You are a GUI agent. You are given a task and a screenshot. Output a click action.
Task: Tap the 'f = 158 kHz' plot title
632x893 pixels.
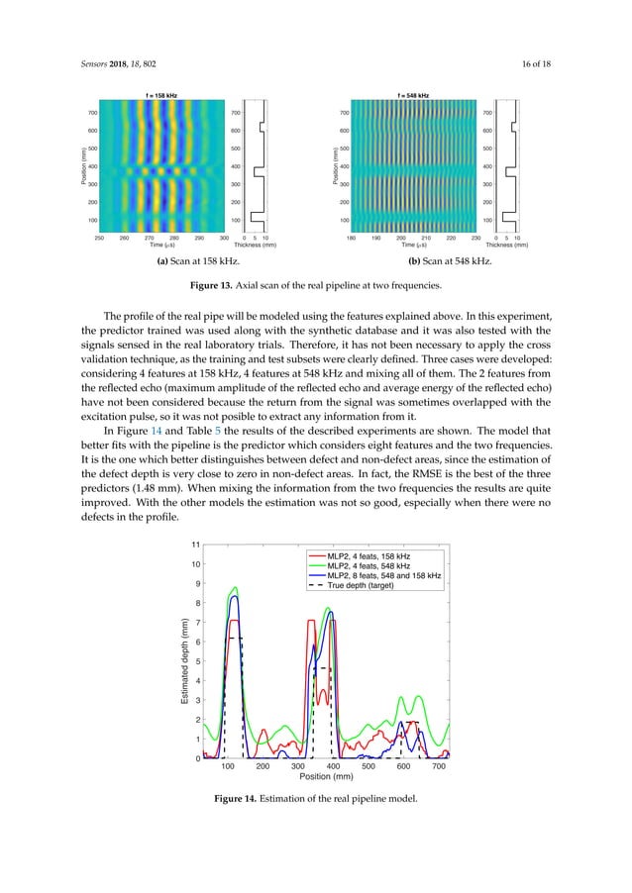tap(160, 94)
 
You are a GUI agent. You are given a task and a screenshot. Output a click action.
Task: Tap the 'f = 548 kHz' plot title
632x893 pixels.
tap(413, 94)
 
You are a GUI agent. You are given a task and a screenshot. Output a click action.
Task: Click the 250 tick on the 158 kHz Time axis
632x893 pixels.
tap(99, 238)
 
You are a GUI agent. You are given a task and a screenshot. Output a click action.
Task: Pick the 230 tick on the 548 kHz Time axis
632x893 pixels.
tap(477, 238)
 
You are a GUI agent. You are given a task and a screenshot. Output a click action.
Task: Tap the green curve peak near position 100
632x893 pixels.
tap(235, 588)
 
